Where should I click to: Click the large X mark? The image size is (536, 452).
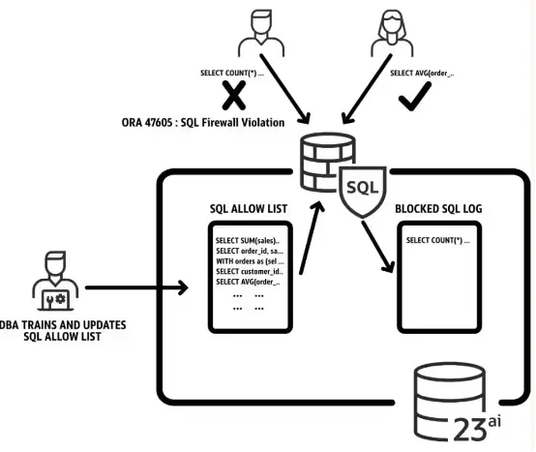[x=234, y=95]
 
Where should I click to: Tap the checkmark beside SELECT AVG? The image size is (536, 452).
[x=414, y=97]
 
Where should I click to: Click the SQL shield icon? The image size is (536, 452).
[x=363, y=192]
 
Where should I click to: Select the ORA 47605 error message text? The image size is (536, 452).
[x=203, y=122]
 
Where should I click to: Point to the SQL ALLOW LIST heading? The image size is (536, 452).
[x=249, y=208]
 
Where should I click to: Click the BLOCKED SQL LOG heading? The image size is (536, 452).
[x=438, y=208]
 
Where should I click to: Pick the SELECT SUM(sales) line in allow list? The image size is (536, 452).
[x=248, y=241]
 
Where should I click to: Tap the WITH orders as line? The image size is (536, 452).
[x=250, y=261]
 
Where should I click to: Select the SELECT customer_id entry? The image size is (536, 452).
[x=250, y=271]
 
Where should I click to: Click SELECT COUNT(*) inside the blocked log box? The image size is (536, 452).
[x=438, y=240]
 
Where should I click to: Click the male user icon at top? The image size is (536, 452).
[x=261, y=33]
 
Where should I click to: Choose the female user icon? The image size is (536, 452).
[x=392, y=33]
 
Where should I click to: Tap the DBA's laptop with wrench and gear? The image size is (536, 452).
[x=55, y=300]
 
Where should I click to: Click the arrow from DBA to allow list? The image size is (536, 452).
[x=136, y=287]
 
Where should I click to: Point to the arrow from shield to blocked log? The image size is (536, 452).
[x=378, y=247]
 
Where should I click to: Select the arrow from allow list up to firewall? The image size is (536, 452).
[x=312, y=238]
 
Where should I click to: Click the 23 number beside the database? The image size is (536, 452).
[x=470, y=430]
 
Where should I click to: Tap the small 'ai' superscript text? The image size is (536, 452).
[x=494, y=422]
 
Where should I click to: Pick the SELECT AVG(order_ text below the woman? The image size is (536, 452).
[x=422, y=74]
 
